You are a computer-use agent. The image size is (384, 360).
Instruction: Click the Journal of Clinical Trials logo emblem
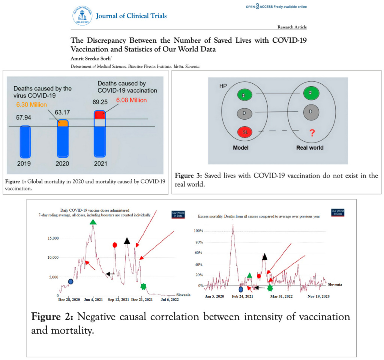82,15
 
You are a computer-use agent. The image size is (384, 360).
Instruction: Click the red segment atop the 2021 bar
99,115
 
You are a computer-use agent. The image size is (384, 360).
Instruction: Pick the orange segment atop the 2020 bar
63,123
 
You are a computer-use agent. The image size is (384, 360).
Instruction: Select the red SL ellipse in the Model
244,132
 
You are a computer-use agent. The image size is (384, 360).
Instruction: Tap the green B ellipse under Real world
309,93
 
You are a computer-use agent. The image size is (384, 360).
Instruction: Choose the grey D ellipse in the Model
244,112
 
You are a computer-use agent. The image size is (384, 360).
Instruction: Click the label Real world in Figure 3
309,148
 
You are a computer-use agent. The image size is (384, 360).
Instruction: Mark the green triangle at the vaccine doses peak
93,222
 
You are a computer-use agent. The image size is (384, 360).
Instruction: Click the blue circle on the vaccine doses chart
70,282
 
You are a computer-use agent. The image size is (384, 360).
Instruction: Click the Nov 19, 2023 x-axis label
318,296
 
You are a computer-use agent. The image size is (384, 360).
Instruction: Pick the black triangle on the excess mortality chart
264,256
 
